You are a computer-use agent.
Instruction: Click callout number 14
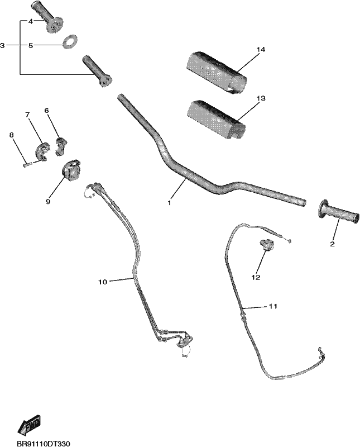click(261, 50)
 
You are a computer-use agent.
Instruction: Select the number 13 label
click(261, 98)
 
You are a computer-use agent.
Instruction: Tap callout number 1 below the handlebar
click(170, 203)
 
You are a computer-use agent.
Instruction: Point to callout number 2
click(333, 244)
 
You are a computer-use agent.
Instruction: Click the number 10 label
click(103, 282)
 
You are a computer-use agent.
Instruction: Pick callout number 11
click(272, 306)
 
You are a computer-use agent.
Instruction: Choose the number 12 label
click(256, 277)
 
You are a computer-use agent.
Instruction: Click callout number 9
click(48, 202)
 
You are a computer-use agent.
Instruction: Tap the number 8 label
click(11, 135)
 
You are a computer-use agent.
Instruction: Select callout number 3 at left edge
click(2, 45)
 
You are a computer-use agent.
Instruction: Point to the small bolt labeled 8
click(27, 164)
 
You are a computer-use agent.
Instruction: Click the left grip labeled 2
click(338, 213)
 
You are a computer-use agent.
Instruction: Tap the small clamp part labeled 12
click(267, 245)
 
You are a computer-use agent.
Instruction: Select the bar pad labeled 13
click(215, 120)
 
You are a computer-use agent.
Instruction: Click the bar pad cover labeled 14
click(216, 72)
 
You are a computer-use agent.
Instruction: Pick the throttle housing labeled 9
click(71, 169)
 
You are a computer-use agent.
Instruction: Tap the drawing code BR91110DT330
click(44, 444)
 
